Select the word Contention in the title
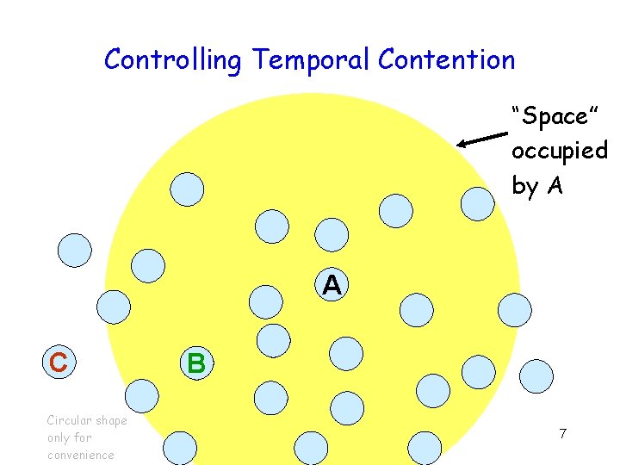click(446, 59)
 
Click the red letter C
click(59, 363)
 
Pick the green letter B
click(196, 363)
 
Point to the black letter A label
click(332, 285)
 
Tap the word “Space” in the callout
click(548, 115)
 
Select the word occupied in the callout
click(559, 151)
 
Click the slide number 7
click(562, 433)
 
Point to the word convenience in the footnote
click(81, 455)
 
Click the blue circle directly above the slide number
click(536, 375)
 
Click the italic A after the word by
click(555, 185)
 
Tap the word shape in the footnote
click(111, 420)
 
